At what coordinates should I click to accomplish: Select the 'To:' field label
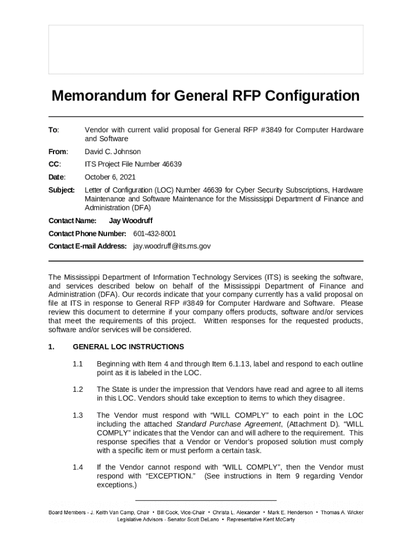coord(54,130)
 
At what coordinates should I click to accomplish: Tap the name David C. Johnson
coord(113,152)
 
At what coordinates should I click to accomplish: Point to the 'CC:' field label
coord(55,164)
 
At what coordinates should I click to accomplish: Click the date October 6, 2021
coord(110,177)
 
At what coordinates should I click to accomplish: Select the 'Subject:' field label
coord(62,190)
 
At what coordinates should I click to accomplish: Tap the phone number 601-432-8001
coord(155,234)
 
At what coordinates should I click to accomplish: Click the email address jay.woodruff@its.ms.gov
coord(172,246)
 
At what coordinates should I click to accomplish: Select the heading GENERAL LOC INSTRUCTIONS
coord(128,347)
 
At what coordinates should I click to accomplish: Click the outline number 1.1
coord(78,364)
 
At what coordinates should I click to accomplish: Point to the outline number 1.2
coord(78,390)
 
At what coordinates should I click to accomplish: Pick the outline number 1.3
coord(78,415)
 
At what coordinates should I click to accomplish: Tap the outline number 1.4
coord(78,467)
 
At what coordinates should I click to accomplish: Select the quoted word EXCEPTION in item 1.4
coord(170,476)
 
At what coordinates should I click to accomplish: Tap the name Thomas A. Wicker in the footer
coord(342,512)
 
